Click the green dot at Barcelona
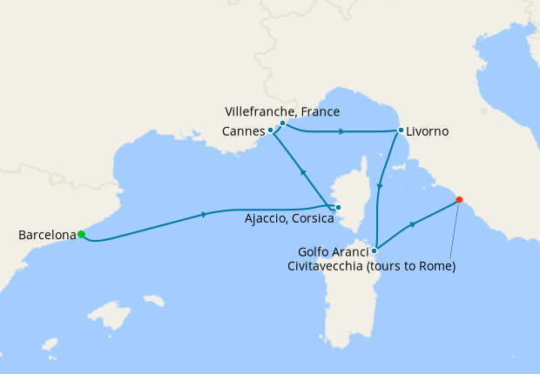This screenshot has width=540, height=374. coord(81,234)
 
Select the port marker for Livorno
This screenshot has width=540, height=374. coord(401,130)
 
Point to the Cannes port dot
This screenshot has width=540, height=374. coord(271,130)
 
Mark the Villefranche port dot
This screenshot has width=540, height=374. coord(282,123)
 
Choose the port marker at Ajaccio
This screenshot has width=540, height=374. coord(338,207)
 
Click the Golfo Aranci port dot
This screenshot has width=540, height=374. coord(375,250)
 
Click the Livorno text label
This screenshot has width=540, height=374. coord(428,131)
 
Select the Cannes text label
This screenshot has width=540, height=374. coord(244,131)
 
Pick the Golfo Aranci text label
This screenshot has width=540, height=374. coord(329,251)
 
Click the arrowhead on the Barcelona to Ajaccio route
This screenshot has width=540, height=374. coord(205,214)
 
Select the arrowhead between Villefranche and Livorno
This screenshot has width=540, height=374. coord(341,131)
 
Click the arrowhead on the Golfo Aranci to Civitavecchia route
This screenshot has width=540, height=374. coord(413,224)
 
